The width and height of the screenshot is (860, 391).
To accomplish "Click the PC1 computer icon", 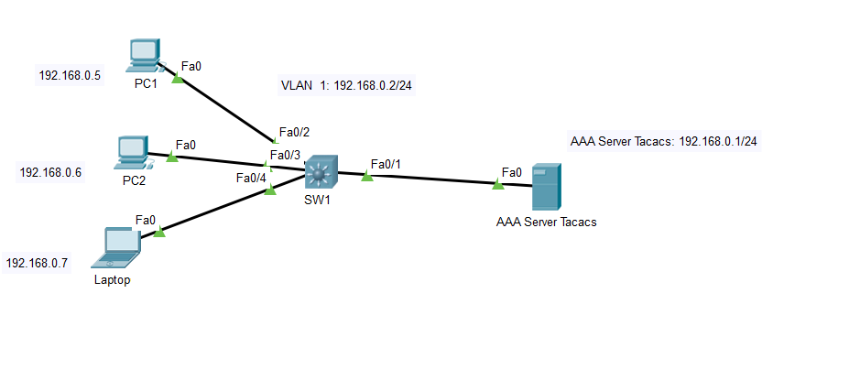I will click(x=145, y=55).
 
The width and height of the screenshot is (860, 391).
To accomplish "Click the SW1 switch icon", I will click(x=321, y=171).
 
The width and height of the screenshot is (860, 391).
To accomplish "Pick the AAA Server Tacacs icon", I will click(x=546, y=187).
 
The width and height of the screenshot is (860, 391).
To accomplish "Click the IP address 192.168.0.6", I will click(x=50, y=172).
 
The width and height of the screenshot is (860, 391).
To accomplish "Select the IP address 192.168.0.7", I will click(x=37, y=263).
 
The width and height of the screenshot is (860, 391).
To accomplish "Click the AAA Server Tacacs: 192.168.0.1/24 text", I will click(x=669, y=142).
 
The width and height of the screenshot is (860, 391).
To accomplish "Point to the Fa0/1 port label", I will click(x=386, y=164).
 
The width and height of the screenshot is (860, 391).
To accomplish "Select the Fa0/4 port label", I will click(x=251, y=178).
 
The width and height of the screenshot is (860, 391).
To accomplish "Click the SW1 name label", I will click(x=317, y=200).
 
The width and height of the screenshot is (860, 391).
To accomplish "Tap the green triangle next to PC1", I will click(x=178, y=79).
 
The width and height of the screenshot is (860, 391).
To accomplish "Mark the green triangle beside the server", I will click(x=497, y=184).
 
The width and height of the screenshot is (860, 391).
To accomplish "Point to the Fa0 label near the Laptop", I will click(x=146, y=220).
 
